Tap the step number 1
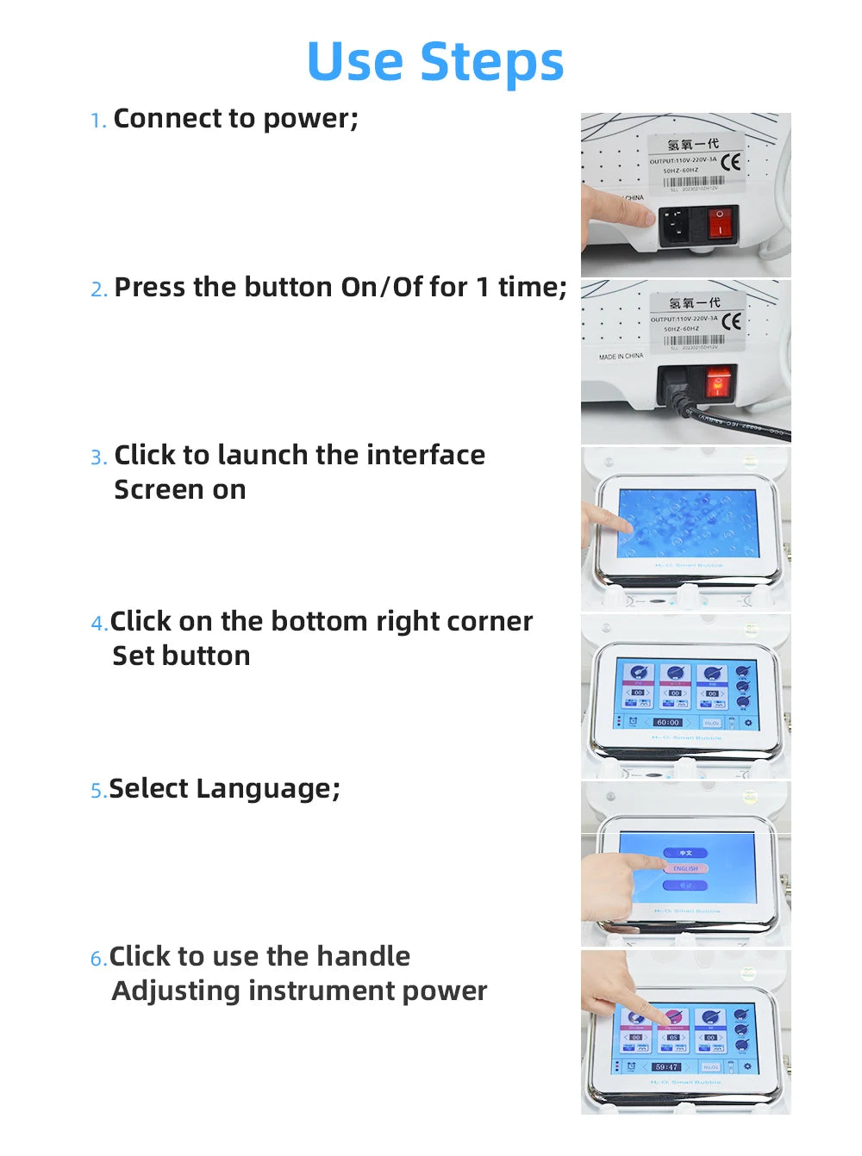click(97, 121)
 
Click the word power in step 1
click(307, 119)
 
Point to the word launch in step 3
click(263, 455)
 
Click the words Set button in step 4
click(181, 656)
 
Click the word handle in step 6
click(363, 956)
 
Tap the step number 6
click(97, 959)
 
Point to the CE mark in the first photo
click(731, 161)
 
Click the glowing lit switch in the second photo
click(717, 382)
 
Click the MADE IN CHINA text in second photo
click(621, 357)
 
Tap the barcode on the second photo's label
click(693, 340)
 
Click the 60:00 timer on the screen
click(667, 723)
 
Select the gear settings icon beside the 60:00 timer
click(747, 723)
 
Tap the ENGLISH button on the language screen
click(685, 868)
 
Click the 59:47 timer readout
click(666, 1066)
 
